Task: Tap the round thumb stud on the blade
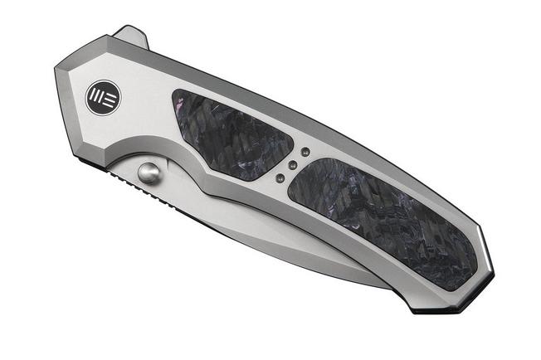point(149,173)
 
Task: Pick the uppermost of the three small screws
point(304,152)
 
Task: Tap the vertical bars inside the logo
point(96,97)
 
